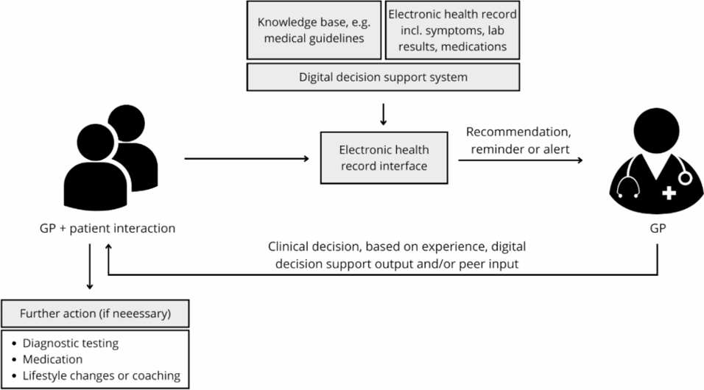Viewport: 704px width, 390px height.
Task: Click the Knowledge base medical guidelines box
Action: [314, 30]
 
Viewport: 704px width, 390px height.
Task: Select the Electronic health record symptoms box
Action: [452, 30]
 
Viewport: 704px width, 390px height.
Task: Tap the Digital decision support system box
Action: [383, 77]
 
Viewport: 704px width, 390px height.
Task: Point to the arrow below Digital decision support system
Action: [383, 114]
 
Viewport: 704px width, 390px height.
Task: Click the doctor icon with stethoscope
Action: [657, 159]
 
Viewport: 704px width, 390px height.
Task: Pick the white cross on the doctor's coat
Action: [669, 194]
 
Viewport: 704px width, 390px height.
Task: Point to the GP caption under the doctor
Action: [658, 228]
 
